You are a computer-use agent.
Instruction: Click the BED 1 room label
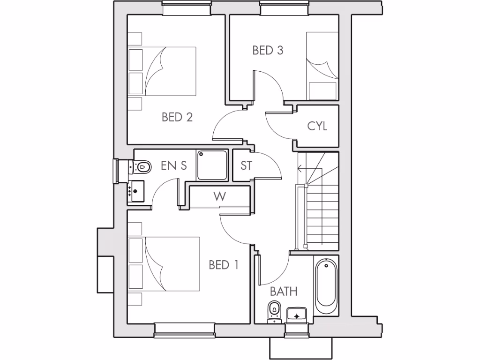[224, 265]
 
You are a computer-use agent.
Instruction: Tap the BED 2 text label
[177, 117]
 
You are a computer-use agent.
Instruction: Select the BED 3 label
[268, 50]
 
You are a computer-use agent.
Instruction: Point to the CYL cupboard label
[317, 126]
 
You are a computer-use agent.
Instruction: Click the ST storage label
[247, 165]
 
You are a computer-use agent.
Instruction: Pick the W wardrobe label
[219, 196]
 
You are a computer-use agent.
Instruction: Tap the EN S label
[174, 165]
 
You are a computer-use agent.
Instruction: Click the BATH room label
[284, 292]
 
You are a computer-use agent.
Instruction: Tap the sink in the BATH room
[296, 315]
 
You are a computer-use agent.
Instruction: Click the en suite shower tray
[212, 165]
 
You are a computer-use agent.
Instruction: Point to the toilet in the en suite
[142, 166]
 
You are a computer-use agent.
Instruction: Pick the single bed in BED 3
[322, 66]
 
